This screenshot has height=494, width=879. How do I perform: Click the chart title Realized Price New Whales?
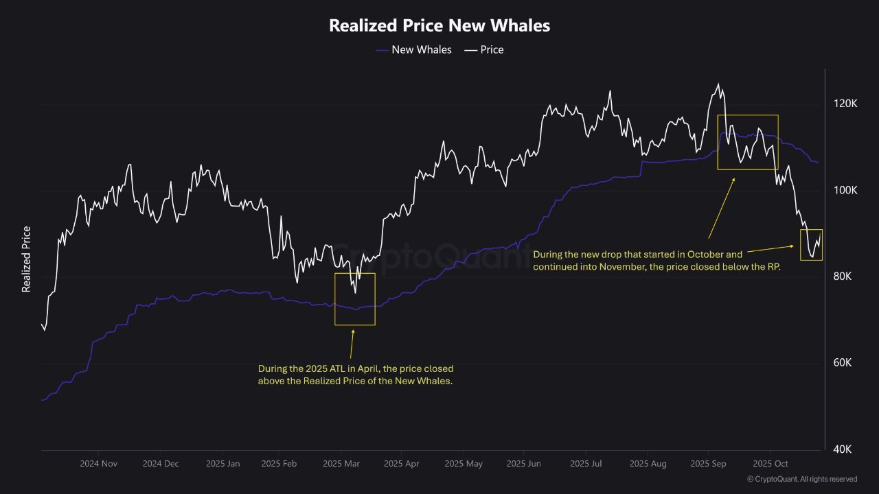tap(439, 25)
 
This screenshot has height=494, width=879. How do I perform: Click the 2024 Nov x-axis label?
tap(98, 464)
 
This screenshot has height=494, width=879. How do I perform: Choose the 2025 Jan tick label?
tap(223, 464)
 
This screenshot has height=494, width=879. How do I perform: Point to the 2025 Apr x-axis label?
tap(401, 464)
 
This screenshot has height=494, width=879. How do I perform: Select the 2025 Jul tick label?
tap(586, 464)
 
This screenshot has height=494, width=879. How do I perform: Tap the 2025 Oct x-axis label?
tap(770, 464)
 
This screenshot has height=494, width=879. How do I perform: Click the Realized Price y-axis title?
tap(27, 259)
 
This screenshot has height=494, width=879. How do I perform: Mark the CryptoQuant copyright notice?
tap(802, 479)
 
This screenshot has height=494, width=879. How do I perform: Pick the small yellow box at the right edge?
tap(811, 245)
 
